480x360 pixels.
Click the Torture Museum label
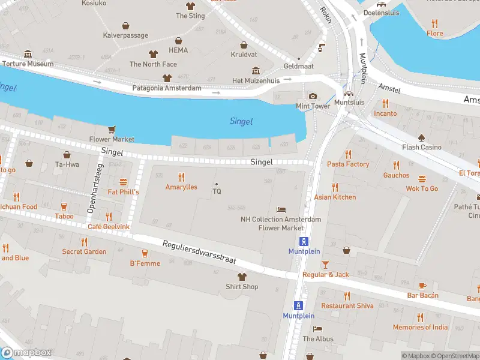tap(28, 64)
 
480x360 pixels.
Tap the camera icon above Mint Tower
tap(313, 96)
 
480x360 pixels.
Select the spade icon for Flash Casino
tap(422, 137)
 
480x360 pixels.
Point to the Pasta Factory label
tap(348, 164)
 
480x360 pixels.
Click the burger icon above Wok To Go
tap(422, 178)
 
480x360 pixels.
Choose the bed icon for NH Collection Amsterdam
tap(281, 209)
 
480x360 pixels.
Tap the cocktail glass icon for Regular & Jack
tap(325, 265)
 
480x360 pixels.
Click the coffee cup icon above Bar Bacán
tap(422, 286)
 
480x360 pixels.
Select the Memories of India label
tap(420, 327)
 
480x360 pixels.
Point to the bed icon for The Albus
tap(318, 329)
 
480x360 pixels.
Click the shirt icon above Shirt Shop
tap(242, 277)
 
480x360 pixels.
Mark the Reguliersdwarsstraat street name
tap(200, 253)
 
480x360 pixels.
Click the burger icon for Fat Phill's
tap(124, 182)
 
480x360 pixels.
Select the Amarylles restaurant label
tap(181, 187)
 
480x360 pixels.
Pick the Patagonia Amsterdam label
tap(166, 88)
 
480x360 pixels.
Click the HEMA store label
tap(178, 50)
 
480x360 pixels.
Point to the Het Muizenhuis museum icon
tap(256, 71)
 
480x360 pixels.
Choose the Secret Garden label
tap(84, 251)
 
